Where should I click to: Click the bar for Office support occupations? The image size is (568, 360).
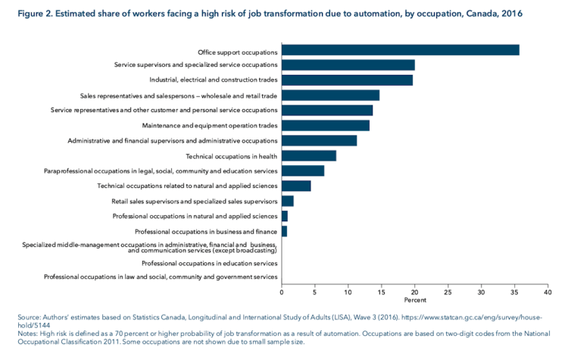(x=400, y=50)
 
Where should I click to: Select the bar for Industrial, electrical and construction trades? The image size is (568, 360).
(x=347, y=80)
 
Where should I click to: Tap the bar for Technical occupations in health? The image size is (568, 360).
(x=308, y=155)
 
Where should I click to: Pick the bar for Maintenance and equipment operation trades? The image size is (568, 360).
(x=325, y=125)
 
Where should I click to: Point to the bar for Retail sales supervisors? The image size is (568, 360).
(x=287, y=201)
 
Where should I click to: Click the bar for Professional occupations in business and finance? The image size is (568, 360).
(x=284, y=231)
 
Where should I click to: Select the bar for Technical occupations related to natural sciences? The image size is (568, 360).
(x=295, y=186)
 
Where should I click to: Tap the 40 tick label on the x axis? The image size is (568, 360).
(x=547, y=292)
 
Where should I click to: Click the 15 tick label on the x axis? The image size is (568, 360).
(x=381, y=292)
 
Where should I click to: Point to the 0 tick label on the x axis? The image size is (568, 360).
(x=282, y=292)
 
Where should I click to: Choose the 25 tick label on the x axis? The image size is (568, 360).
(x=448, y=292)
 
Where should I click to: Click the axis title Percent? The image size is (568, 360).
(x=414, y=300)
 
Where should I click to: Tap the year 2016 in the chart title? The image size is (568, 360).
(x=509, y=14)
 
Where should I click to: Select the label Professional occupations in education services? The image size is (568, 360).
(x=209, y=263)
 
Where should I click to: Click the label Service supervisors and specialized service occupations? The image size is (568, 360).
(x=195, y=65)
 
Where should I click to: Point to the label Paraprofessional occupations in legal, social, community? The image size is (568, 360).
(x=161, y=171)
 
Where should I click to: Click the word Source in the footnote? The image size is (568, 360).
(x=29, y=316)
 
